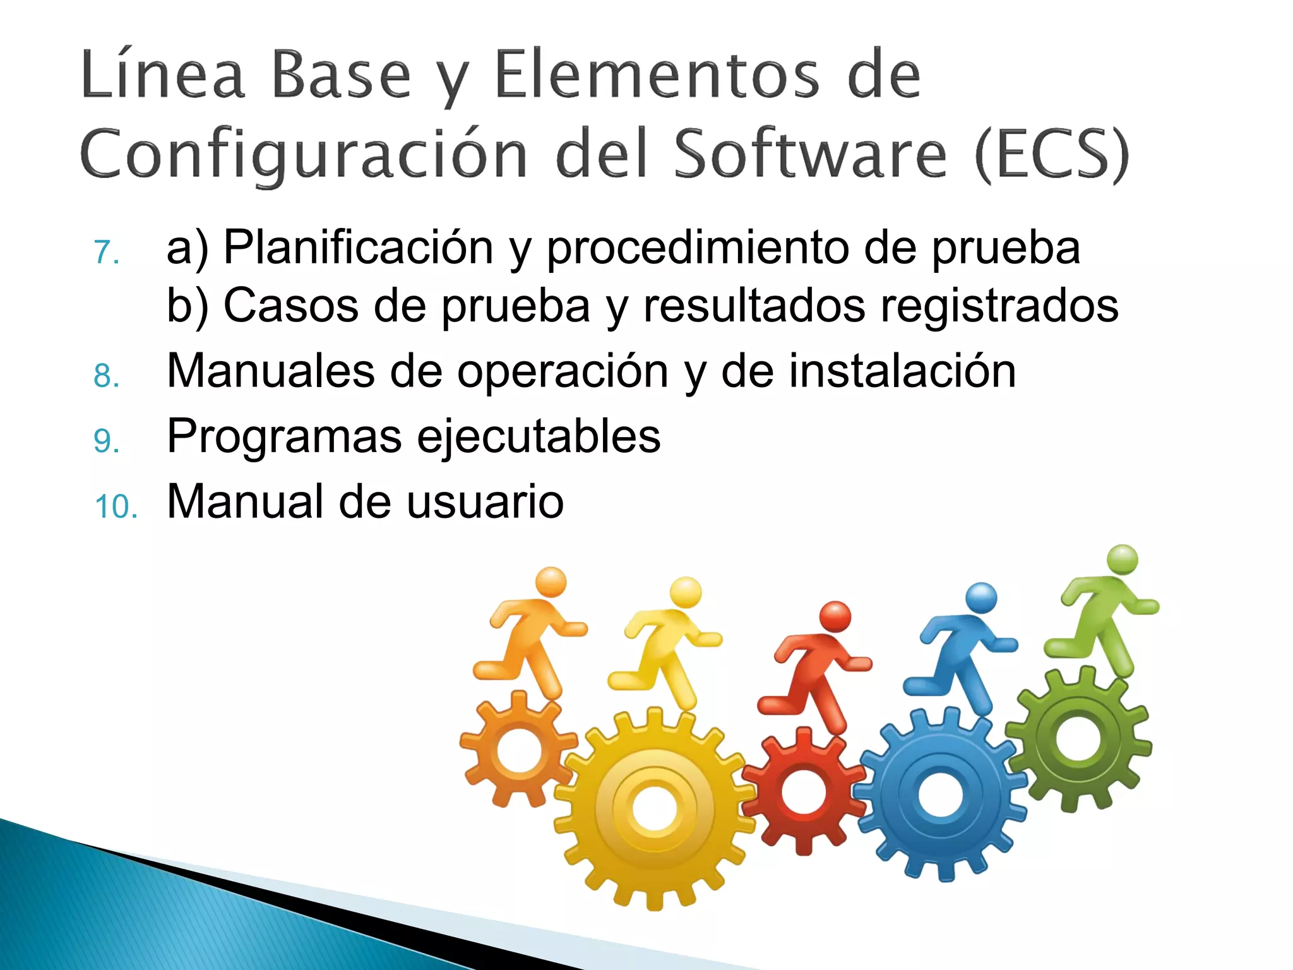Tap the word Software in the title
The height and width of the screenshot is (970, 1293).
810,154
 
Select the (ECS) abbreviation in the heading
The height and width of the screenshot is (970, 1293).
1052,154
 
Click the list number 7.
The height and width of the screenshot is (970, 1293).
106,252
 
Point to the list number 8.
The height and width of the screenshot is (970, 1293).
106,376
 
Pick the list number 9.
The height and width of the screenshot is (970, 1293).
106,441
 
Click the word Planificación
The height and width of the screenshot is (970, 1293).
358,248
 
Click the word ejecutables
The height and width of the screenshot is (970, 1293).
539,437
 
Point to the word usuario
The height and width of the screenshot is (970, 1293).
484,502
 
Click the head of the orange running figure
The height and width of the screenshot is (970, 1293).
551,582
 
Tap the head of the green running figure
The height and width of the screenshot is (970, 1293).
1123,560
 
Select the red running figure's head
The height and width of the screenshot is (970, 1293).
835,616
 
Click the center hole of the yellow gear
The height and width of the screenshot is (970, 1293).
654,809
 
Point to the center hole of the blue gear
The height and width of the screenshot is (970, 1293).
941,794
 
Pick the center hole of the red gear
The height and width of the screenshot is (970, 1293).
803,792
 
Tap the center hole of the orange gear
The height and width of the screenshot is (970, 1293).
518,750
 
